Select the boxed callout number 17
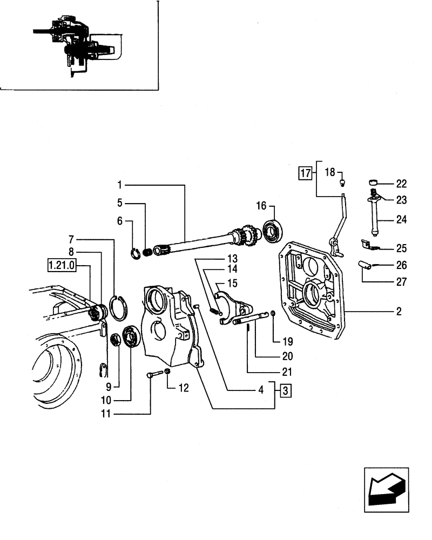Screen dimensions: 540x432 click(x=305, y=173)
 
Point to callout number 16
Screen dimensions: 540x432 click(x=261, y=206)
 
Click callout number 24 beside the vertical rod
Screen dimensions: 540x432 click(x=401, y=220)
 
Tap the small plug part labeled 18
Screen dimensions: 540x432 click(x=342, y=184)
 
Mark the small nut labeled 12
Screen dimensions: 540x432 click(x=168, y=373)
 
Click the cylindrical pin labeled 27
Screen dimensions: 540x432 click(x=366, y=265)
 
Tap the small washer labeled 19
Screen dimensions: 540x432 click(x=273, y=314)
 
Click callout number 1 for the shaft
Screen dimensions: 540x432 click(x=120, y=185)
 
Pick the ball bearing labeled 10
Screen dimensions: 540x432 click(x=131, y=338)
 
